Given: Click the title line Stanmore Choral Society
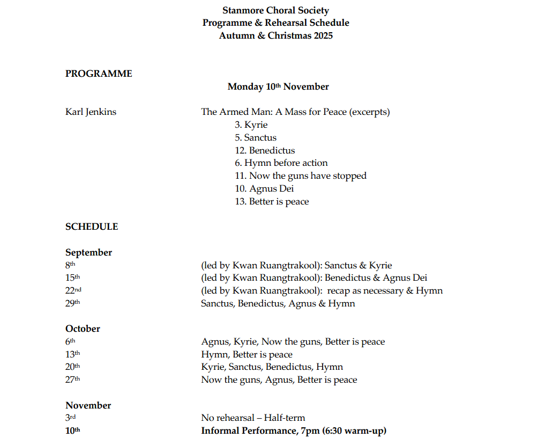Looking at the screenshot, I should [275, 10].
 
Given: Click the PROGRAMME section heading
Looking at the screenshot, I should [99, 74].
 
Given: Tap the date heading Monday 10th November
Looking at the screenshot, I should [278, 86].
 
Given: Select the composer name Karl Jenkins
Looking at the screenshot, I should [91, 112].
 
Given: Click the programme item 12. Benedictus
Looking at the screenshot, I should [265, 150].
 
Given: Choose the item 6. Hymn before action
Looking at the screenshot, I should [281, 163].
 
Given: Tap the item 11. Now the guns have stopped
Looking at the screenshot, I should [300, 176].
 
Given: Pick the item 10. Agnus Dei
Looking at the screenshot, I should [264, 188].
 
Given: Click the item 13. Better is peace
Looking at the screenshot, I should [272, 201].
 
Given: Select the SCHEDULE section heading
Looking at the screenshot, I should [92, 227].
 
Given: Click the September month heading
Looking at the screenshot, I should [88, 252].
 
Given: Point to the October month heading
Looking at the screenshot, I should [83, 329].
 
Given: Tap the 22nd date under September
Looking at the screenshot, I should [73, 290].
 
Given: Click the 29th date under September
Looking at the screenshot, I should [72, 303].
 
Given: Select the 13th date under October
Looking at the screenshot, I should [72, 354].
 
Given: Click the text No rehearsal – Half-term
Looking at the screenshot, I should [253, 418].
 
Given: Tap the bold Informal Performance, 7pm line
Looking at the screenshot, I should [294, 431].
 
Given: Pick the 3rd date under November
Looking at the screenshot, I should [71, 418].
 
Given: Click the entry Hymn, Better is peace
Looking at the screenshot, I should [246, 354].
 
